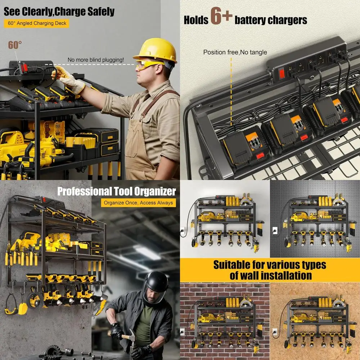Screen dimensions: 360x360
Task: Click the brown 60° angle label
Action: (x=15, y=45)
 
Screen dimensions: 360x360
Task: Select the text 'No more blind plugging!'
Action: (x=96, y=60)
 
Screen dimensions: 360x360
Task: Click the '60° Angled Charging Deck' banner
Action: (x=36, y=23)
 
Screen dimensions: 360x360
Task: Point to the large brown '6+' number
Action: (x=221, y=17)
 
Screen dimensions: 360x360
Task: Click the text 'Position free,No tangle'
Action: (x=235, y=53)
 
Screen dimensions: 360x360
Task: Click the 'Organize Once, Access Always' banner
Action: (x=138, y=203)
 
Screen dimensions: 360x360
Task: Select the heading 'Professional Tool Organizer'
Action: (x=117, y=191)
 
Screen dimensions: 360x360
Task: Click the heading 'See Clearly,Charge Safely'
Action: (x=59, y=12)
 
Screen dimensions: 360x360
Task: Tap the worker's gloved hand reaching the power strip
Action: (x=59, y=73)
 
